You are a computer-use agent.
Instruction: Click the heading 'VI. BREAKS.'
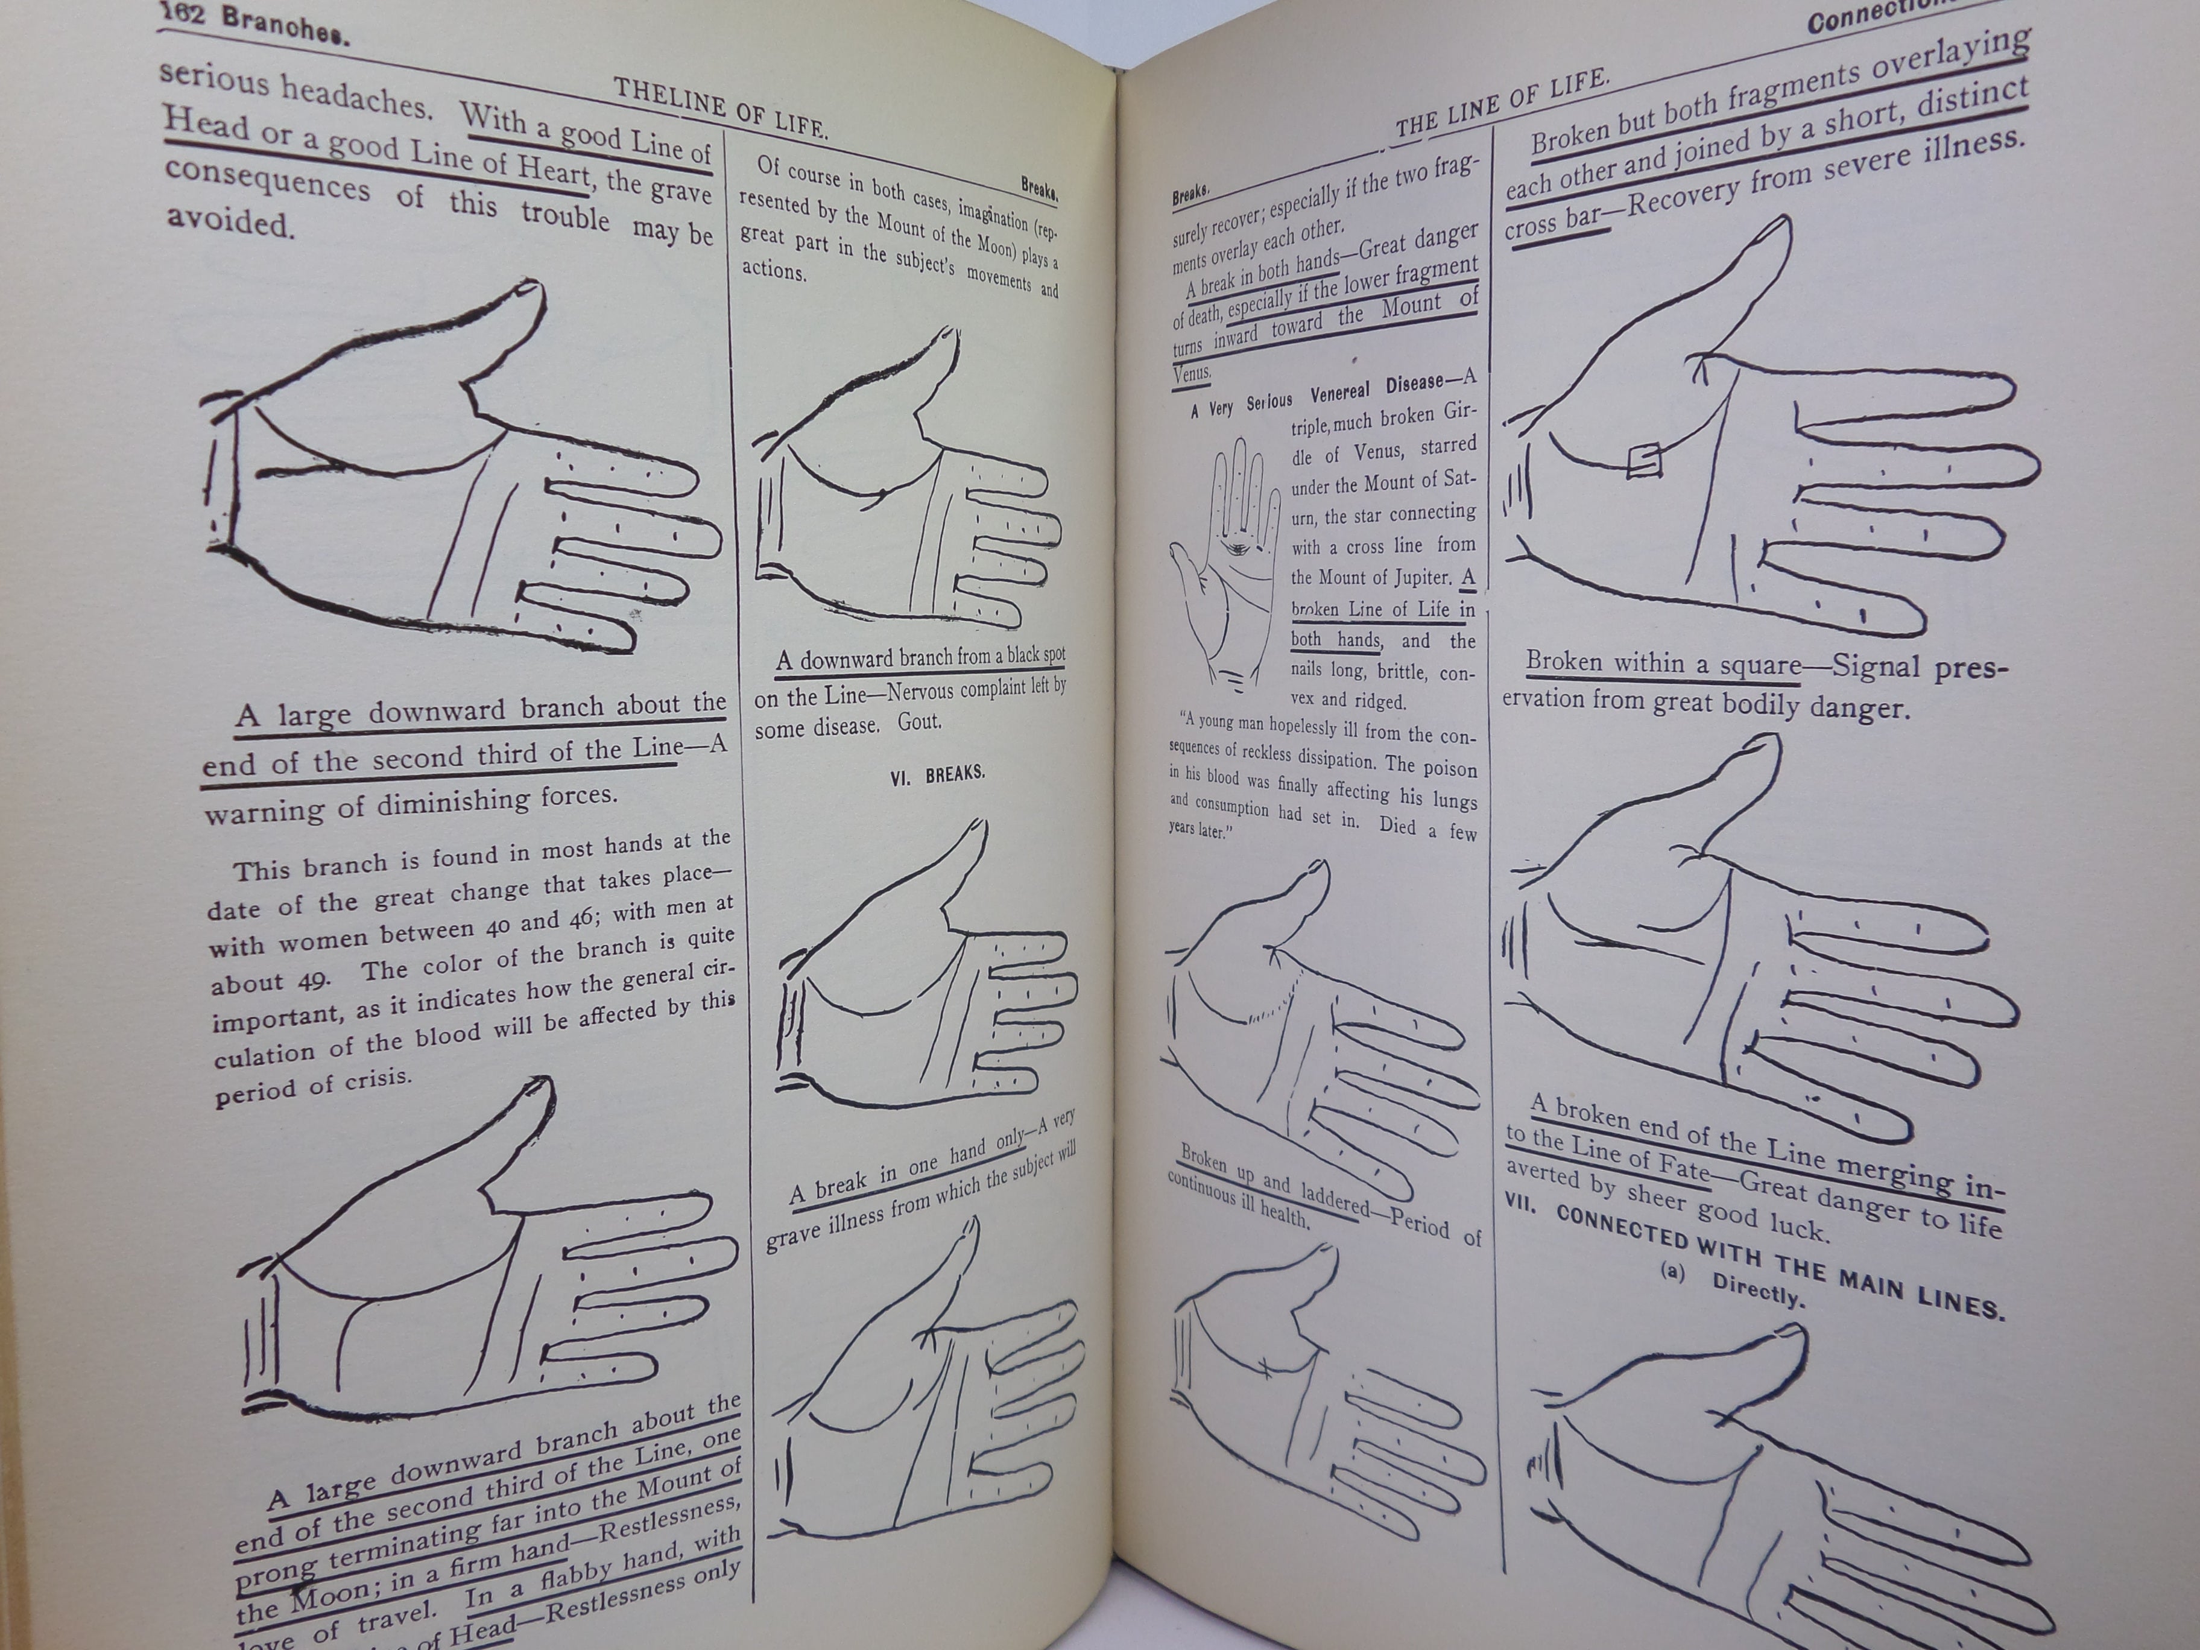click(937, 775)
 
